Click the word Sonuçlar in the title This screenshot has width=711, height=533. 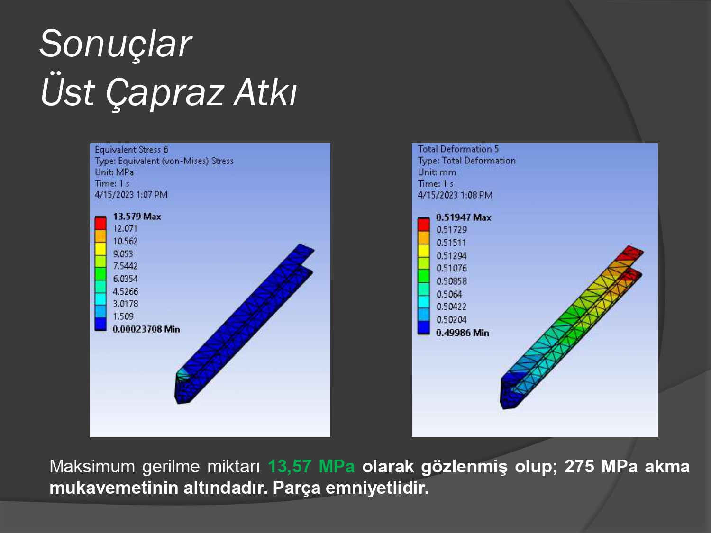(116, 44)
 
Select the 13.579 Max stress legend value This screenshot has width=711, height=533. (137, 217)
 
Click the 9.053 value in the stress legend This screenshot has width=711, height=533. (123, 254)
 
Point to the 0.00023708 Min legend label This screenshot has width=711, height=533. (146, 329)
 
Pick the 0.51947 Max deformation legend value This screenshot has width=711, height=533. (464, 217)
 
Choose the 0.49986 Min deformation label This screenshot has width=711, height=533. (463, 333)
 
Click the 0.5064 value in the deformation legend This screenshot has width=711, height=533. (449, 294)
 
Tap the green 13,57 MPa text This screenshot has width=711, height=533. (311, 466)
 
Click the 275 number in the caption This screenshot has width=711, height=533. (579, 466)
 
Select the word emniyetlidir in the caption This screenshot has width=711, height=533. (377, 488)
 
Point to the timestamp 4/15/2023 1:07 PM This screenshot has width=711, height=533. (131, 195)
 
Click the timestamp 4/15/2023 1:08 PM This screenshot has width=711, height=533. (455, 195)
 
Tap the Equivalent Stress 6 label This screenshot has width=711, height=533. (131, 150)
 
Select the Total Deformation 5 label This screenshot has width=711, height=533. (458, 149)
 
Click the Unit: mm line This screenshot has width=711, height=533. (437, 172)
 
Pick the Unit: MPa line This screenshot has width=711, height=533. (114, 172)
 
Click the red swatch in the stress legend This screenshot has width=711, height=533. (100, 224)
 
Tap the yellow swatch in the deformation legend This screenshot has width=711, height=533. (423, 251)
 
